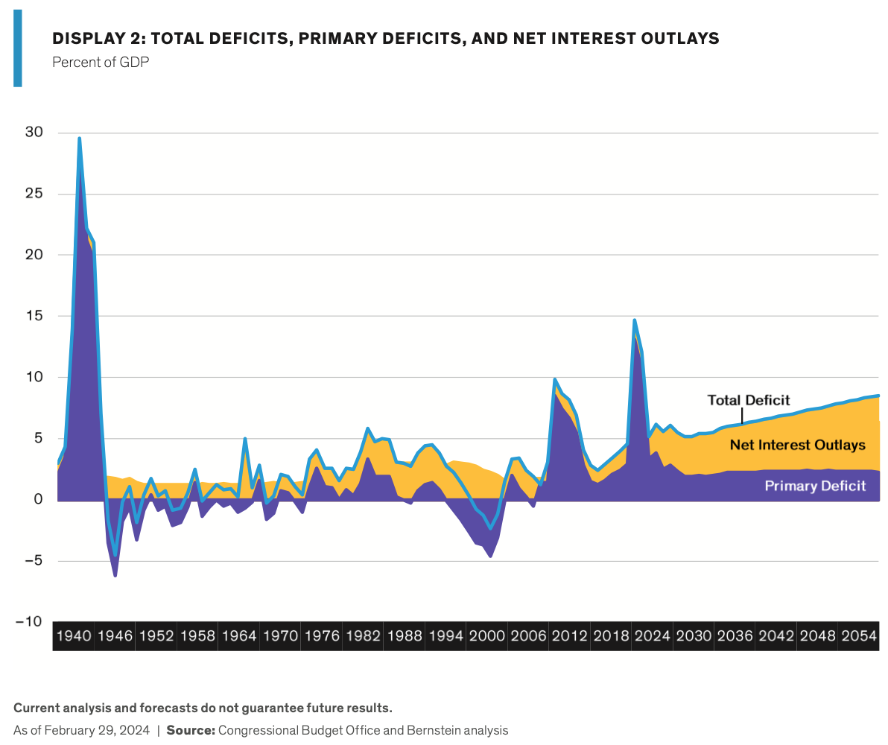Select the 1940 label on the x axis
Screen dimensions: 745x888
point(73,637)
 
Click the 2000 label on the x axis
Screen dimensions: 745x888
point(487,637)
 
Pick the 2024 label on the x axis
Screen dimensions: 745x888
point(653,637)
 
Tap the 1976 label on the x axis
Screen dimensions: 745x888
point(322,637)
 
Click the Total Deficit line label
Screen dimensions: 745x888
point(748,400)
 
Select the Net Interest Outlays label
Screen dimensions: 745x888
point(797,445)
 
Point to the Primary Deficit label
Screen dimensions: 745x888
point(815,486)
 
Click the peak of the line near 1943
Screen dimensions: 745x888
point(79,139)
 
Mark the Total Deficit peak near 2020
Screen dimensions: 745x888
point(634,320)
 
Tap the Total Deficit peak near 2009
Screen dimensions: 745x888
point(555,379)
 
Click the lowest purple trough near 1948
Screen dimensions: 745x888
point(115,575)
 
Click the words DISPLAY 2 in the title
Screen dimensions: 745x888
point(93,39)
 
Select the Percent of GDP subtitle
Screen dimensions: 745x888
point(101,62)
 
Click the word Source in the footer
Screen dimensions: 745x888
point(190,730)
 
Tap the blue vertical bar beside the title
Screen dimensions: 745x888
point(18,48)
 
